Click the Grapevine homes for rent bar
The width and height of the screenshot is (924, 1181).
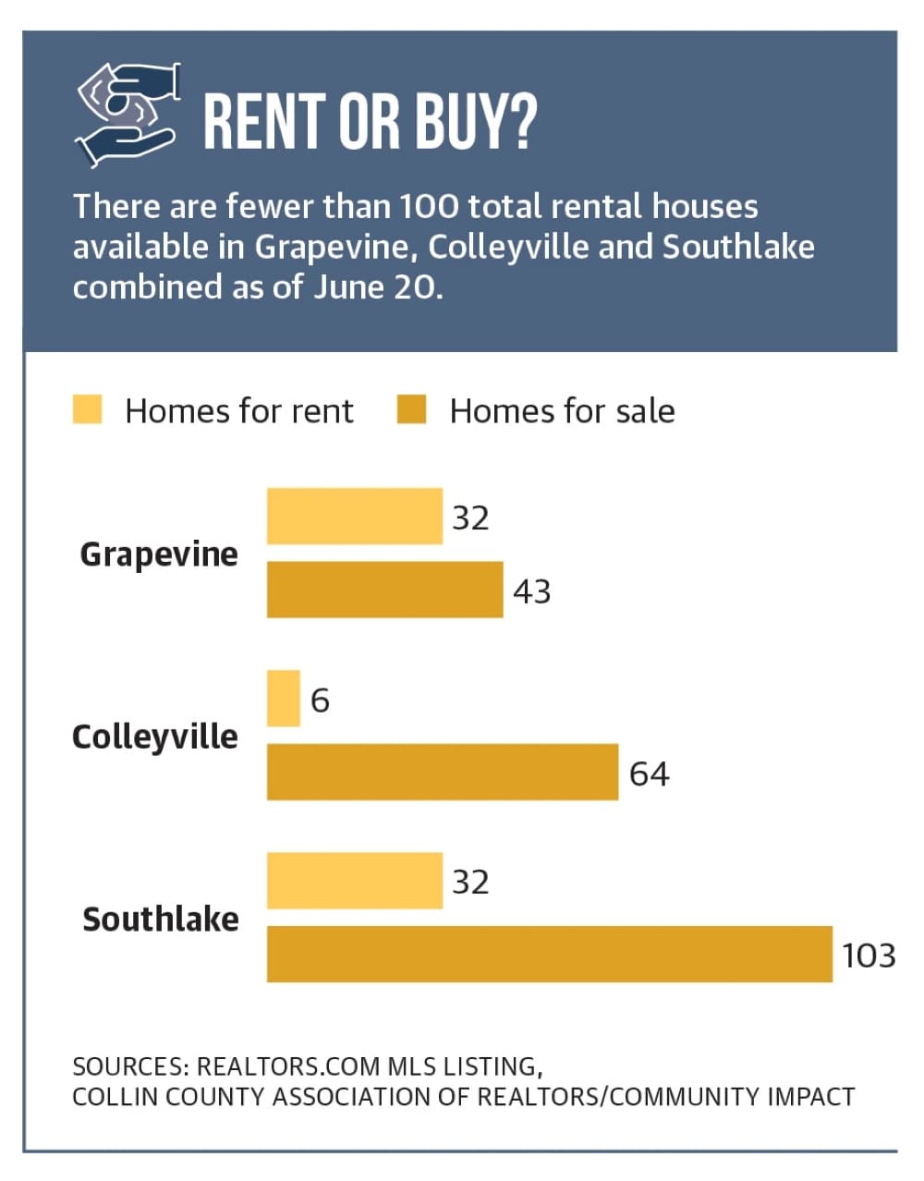coord(355,516)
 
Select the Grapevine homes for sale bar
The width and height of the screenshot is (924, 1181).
coord(384,590)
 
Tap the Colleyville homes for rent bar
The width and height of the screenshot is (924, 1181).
coord(283,699)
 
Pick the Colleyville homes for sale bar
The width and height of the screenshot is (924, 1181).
coord(443,772)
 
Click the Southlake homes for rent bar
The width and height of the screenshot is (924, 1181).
coord(355,881)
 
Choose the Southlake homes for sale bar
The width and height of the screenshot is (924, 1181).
coord(549,955)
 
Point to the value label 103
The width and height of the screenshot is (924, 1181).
coord(868,956)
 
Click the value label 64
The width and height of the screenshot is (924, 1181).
coord(650,773)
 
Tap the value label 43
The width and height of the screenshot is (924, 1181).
coord(532,591)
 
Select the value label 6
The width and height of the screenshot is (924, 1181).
coord(320,700)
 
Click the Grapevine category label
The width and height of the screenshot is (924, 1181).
coord(159,555)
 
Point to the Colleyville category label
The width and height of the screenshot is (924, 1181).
coord(155,737)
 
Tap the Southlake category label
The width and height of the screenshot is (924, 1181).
coord(160,919)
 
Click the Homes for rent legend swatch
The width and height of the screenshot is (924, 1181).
coord(87,408)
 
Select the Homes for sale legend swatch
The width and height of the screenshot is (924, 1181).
coord(411,408)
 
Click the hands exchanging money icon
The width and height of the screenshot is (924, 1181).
coord(128,115)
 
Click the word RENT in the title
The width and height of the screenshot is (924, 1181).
coord(264,121)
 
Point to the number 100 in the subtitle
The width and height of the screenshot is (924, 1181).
coord(429,207)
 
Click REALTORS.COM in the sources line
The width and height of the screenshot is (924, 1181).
coord(288,1065)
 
